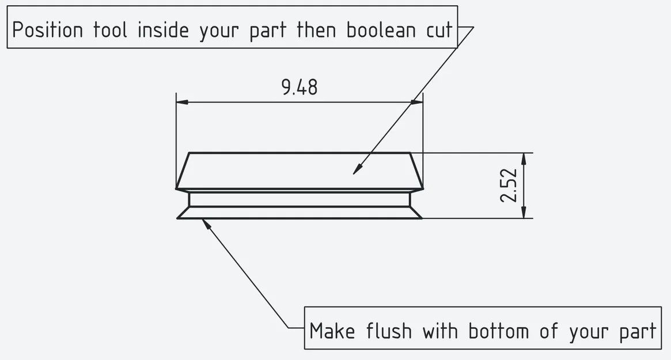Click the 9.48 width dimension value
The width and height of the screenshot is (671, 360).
pyautogui.click(x=300, y=88)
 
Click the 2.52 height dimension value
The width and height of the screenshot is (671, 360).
pyautogui.click(x=509, y=185)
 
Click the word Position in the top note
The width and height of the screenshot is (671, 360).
pyautogui.click(x=47, y=31)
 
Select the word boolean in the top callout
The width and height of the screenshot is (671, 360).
pyautogui.click(x=381, y=30)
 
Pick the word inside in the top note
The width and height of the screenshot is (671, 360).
pyautogui.click(x=163, y=30)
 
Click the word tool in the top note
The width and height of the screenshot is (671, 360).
pyautogui.click(x=110, y=30)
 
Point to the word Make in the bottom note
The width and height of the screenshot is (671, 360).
pyautogui.click(x=332, y=331)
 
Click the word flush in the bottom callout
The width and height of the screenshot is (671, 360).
pyautogui.click(x=389, y=331)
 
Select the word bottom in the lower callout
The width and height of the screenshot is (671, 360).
pyautogui.click(x=499, y=331)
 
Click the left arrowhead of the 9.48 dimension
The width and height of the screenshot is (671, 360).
pyautogui.click(x=182, y=103)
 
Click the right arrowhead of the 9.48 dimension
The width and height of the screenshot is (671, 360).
pyautogui.click(x=417, y=103)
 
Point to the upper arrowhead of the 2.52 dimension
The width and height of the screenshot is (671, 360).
pyautogui.click(x=524, y=159)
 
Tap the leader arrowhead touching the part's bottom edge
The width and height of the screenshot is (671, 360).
pyautogui.click(x=206, y=223)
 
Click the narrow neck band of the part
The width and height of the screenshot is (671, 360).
pyautogui.click(x=300, y=199)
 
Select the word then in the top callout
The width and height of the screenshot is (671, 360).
pyautogui.click(x=316, y=30)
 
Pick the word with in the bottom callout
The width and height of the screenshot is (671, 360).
pyautogui.click(x=441, y=331)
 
